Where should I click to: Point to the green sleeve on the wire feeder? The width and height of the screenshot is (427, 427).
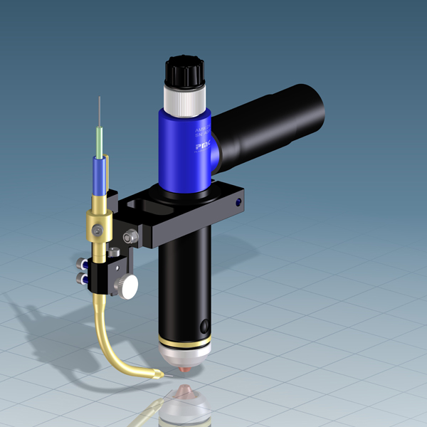(x=99, y=142)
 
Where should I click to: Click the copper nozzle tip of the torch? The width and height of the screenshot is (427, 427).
(x=187, y=369)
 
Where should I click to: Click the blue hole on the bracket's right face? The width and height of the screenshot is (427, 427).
(x=237, y=204)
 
